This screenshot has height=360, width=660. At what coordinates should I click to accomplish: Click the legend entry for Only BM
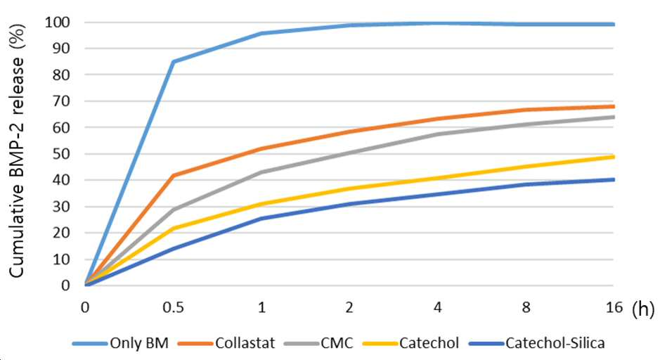[x=120, y=343]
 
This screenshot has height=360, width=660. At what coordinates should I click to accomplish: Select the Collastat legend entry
[x=226, y=343]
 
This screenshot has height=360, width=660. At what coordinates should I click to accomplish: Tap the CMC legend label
[x=318, y=343]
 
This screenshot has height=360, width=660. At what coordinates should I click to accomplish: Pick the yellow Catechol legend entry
[x=410, y=343]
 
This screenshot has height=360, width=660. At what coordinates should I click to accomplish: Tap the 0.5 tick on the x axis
[x=174, y=307]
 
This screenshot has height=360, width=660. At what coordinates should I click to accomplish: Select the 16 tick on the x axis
[x=614, y=307]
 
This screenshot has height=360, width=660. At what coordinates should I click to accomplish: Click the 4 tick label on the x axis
[x=438, y=307]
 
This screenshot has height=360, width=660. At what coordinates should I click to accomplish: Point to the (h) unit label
[x=642, y=309]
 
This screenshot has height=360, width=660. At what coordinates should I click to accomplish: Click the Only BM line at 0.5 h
[x=174, y=61]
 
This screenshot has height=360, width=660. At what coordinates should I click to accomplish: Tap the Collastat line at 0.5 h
[x=174, y=175]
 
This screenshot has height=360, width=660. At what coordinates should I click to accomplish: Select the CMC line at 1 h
[x=261, y=172]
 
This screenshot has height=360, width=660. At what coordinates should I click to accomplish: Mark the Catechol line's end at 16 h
[x=614, y=157]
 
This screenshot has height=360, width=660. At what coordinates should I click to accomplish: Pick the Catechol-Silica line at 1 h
[x=261, y=219]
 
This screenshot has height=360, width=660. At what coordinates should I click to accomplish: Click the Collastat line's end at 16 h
[x=614, y=106]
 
